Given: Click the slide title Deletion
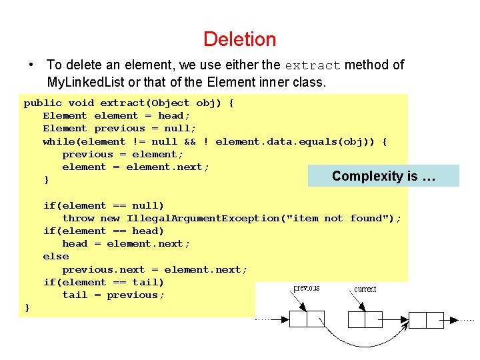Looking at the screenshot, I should click(x=239, y=39).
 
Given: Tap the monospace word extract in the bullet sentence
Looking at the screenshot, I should click(x=313, y=65).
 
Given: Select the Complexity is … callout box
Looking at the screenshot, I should click(x=383, y=176).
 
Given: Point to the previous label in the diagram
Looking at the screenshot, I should click(x=306, y=289).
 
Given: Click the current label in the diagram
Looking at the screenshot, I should click(x=365, y=289).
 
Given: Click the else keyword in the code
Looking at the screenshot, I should click(x=55, y=257).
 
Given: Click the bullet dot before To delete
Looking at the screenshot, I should click(x=31, y=65).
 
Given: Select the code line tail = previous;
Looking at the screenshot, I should click(x=113, y=295).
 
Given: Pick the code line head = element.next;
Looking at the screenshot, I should click(x=126, y=244).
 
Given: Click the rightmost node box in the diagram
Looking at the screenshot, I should click(x=426, y=319).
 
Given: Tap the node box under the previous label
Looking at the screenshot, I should click(x=307, y=319).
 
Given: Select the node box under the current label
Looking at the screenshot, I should click(x=365, y=319).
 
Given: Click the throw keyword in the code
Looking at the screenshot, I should click(x=78, y=218).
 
